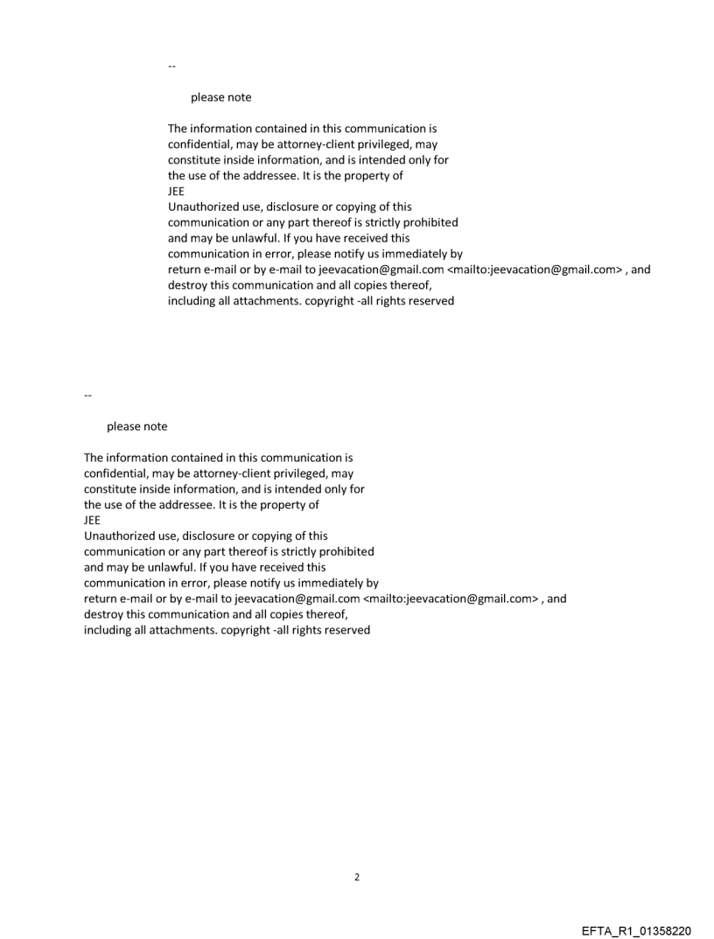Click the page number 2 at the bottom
click(x=356, y=877)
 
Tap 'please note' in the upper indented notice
click(x=220, y=97)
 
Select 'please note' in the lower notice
click(x=136, y=426)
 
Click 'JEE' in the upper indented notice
click(x=176, y=191)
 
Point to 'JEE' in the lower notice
click(x=92, y=520)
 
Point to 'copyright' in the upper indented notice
click(x=331, y=301)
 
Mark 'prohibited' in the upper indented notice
click(x=430, y=222)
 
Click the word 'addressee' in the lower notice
click(x=179, y=504)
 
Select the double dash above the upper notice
click(x=171, y=66)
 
